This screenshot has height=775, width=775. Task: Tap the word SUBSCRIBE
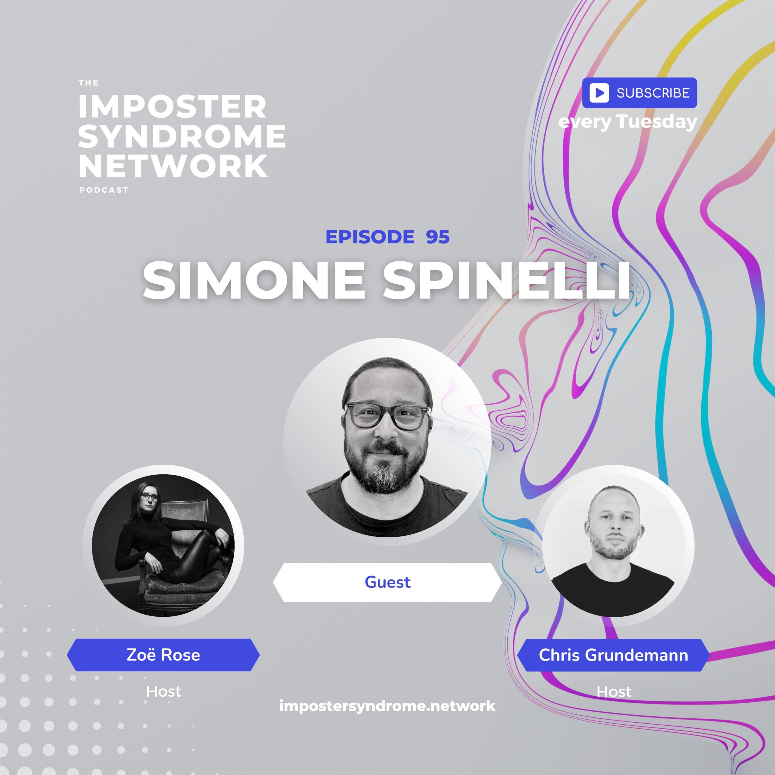pyautogui.click(x=653, y=93)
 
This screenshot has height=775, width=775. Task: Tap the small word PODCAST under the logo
pyautogui.click(x=104, y=190)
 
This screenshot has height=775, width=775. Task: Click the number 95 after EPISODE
pyautogui.click(x=438, y=237)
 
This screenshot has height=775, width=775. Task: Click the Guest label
pyautogui.click(x=387, y=582)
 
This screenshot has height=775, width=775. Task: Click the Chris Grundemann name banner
pyautogui.click(x=613, y=655)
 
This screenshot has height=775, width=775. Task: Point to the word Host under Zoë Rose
pyautogui.click(x=163, y=691)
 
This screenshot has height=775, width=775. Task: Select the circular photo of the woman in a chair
pyautogui.click(x=163, y=546)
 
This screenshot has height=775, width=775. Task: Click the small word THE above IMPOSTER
pyautogui.click(x=89, y=83)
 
